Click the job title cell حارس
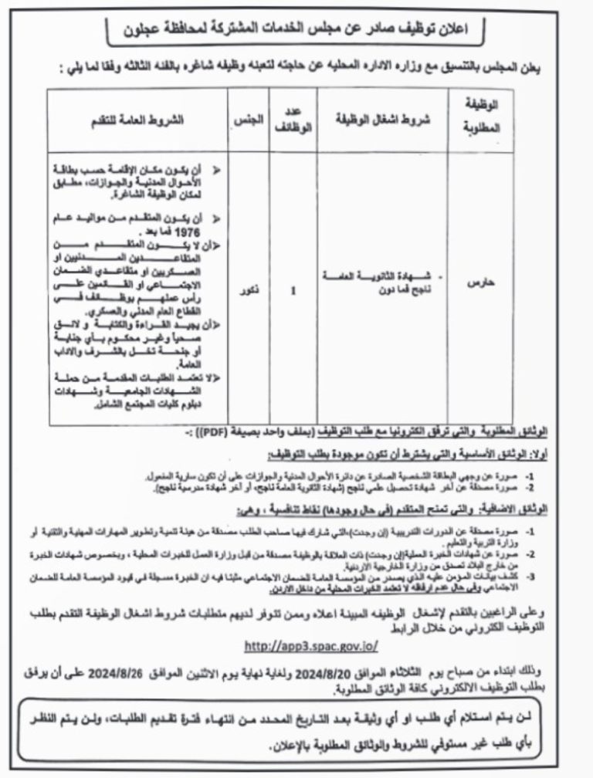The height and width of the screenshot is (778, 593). (x=481, y=284)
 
